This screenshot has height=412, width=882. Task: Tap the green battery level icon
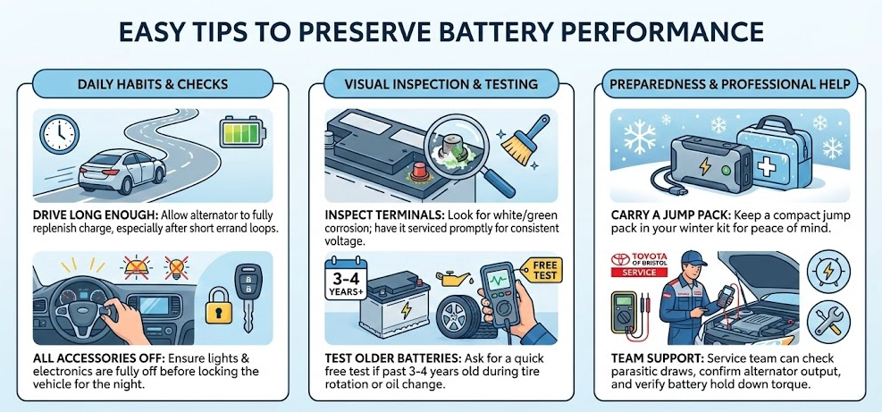coord(242,132)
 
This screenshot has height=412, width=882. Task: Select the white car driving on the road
coord(122,171)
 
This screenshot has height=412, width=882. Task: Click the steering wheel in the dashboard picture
coord(80,307)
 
